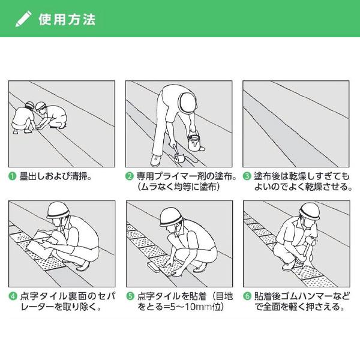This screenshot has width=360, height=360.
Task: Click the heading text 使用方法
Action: click(x=66, y=19)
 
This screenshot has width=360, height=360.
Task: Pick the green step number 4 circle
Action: click(x=12, y=296)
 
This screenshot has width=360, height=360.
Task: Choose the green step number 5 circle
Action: click(x=129, y=296)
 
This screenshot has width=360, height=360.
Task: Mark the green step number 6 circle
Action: click(x=247, y=296)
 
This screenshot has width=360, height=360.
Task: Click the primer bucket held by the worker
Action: click(x=194, y=143)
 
